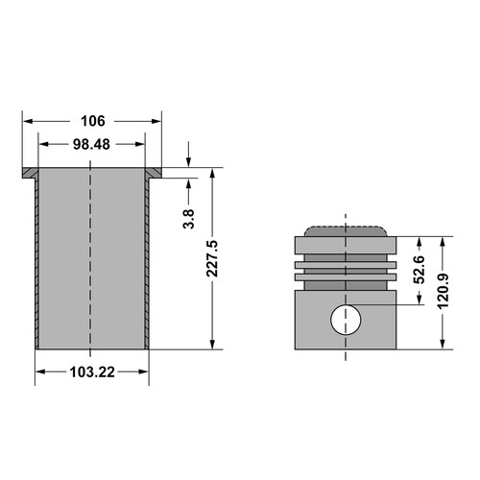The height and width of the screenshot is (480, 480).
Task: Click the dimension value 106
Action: (93, 121)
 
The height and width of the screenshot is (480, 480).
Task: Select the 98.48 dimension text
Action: (91, 144)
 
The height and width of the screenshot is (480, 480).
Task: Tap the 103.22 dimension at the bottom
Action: (92, 372)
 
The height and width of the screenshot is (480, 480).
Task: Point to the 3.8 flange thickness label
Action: (188, 219)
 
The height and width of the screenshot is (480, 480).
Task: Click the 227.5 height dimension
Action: (212, 258)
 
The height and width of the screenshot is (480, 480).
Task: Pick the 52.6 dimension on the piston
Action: (420, 270)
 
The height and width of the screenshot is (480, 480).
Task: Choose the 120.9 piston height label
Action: (443, 291)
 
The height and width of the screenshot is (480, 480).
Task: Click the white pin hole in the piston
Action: (346, 320)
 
